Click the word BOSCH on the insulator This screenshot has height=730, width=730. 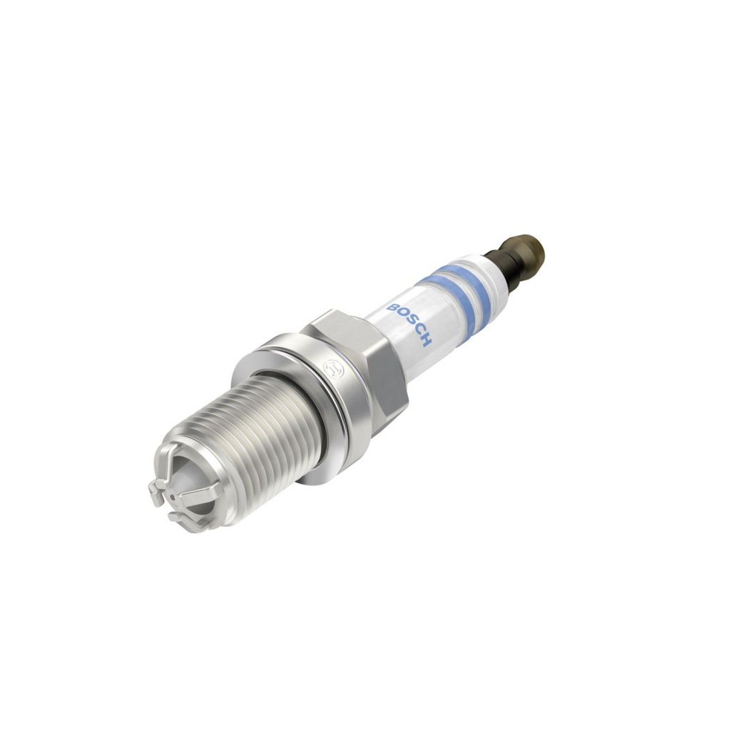point(408,323)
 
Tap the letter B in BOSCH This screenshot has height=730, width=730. point(391,305)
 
